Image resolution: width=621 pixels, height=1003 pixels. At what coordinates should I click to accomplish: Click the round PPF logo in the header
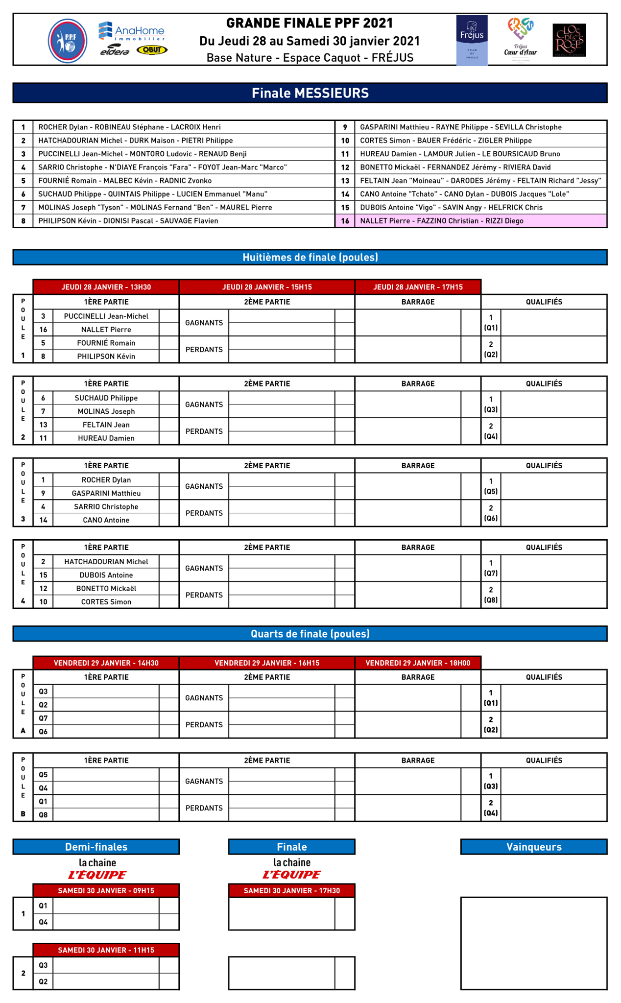(68, 41)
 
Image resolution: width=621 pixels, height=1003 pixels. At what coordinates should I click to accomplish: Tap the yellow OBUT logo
(152, 50)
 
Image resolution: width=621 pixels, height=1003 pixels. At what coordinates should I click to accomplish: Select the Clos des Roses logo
(569, 40)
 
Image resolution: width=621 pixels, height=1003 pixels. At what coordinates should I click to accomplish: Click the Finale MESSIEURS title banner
(310, 93)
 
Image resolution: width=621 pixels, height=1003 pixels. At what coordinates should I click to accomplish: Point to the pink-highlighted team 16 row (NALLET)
(471, 221)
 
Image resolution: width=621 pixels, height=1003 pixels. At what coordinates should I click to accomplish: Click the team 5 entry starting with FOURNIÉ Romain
(125, 181)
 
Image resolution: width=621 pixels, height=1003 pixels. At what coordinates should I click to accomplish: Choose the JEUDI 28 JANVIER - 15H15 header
(267, 287)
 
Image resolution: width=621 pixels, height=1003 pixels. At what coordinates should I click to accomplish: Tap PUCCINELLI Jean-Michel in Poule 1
(106, 316)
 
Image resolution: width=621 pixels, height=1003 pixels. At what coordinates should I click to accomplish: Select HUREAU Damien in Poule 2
(106, 438)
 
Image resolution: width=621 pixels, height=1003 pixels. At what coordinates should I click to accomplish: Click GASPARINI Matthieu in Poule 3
(106, 494)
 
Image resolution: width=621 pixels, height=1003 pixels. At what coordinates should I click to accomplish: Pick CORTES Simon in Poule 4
(106, 602)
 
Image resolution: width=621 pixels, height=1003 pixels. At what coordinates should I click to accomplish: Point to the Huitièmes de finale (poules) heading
(310, 257)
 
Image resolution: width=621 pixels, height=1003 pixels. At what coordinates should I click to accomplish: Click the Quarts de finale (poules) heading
(310, 634)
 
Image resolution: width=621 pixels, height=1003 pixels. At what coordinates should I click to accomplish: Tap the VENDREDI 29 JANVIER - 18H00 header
(418, 663)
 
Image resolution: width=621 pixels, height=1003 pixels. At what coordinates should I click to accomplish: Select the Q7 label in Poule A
(43, 718)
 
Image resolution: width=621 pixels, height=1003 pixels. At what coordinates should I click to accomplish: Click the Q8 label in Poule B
(43, 815)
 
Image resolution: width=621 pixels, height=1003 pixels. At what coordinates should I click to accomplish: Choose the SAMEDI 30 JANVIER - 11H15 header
(106, 950)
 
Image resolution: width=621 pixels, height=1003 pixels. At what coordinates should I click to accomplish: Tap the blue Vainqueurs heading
(534, 847)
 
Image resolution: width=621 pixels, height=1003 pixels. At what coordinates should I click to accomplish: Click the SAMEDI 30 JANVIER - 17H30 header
(291, 890)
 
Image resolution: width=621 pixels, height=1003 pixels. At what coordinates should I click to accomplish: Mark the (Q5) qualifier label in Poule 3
(491, 491)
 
